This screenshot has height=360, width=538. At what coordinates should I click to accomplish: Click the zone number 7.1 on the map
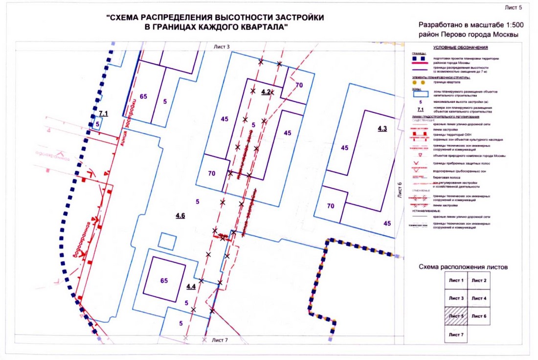coord(103,113)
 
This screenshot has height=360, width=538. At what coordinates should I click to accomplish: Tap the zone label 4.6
coord(180,215)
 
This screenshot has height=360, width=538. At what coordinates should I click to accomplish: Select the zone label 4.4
coord(191,287)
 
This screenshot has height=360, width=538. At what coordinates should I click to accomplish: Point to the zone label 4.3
coord(382,129)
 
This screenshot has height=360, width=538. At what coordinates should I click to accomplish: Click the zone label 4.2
coord(266,92)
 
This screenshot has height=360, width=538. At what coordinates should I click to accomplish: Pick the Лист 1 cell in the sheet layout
coord(455,280)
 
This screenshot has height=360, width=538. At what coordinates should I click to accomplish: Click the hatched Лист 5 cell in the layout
coord(455,316)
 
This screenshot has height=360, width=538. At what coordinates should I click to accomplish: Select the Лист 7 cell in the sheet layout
coord(455,335)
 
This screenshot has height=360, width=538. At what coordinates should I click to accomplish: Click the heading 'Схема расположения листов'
coord(463,267)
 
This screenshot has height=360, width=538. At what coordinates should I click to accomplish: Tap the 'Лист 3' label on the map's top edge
coord(221,46)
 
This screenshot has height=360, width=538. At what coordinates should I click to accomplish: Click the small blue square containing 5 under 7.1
coord(98,124)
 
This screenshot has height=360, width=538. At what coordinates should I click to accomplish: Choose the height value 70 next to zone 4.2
coord(299,85)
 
